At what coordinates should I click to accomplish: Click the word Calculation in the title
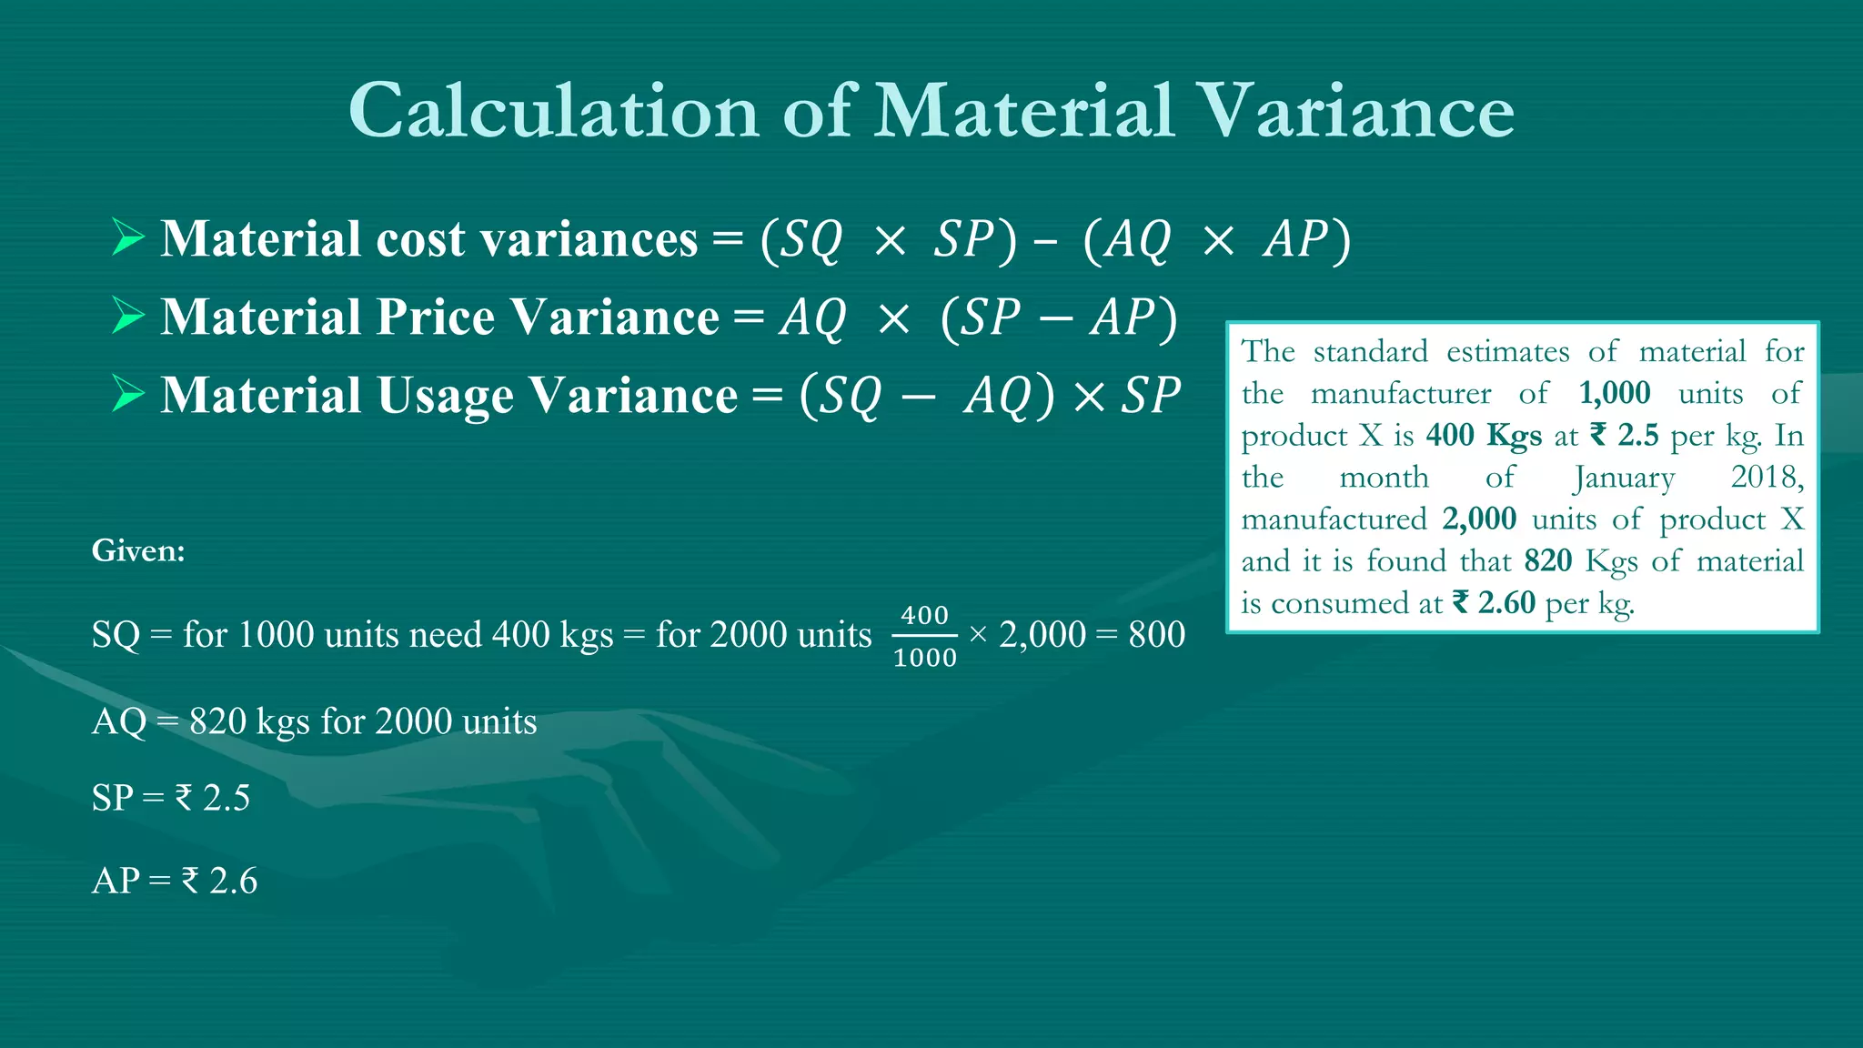[553, 111]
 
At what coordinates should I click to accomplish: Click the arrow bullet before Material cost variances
[128, 237]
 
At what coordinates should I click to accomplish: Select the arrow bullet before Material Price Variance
[128, 316]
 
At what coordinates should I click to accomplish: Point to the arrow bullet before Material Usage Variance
[128, 394]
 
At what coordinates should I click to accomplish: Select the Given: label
[138, 550]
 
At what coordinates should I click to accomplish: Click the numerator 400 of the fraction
[924, 615]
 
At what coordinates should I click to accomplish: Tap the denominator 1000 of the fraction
[924, 657]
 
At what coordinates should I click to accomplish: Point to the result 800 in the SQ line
[1156, 634]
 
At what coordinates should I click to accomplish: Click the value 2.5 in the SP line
[227, 798]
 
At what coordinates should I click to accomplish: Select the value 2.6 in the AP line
[233, 881]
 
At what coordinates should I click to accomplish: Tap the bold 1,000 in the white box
[1614, 393]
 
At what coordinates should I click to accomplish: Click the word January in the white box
[1624, 478]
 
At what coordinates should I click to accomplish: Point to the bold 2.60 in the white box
[1506, 602]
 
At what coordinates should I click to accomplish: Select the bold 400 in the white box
[1450, 435]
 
